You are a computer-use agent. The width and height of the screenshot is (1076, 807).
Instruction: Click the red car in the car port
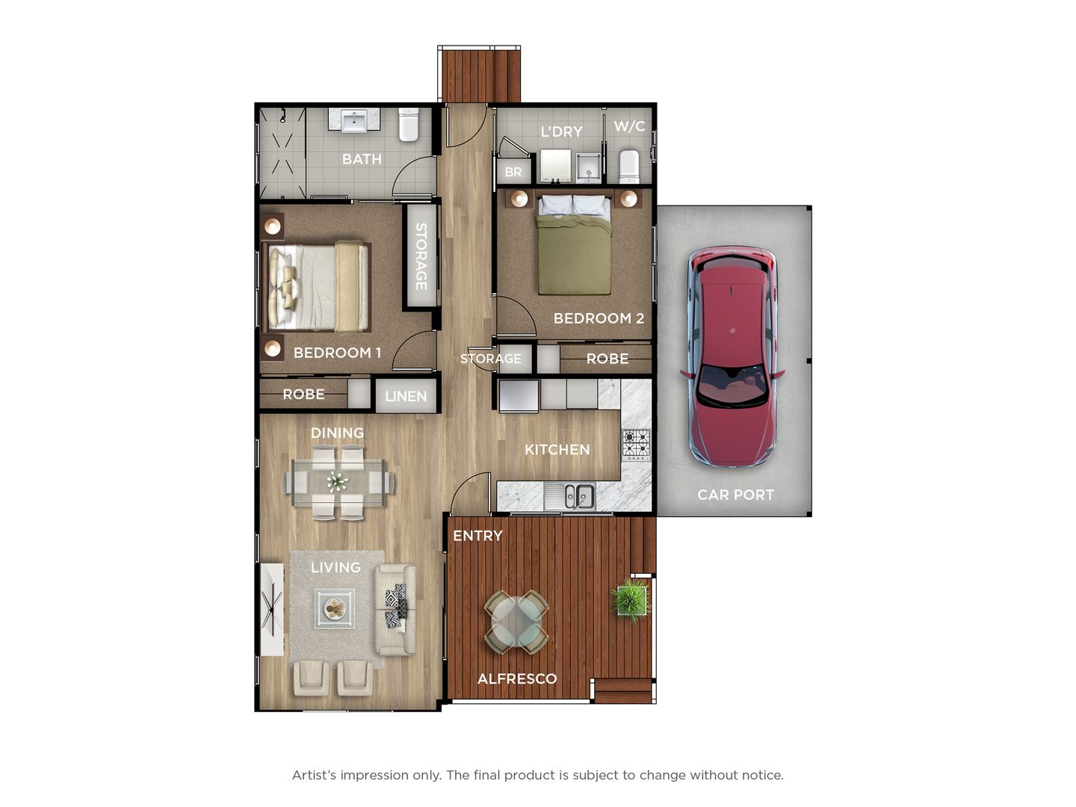(732, 356)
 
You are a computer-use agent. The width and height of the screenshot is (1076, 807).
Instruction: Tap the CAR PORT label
(735, 495)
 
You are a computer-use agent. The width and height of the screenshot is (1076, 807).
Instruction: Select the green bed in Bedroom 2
(574, 245)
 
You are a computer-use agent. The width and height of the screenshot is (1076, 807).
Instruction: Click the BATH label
(362, 159)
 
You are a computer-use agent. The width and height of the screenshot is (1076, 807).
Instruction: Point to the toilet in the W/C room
(629, 166)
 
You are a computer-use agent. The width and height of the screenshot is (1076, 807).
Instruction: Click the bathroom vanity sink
(354, 121)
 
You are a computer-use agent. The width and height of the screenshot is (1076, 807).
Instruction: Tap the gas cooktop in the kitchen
(637, 445)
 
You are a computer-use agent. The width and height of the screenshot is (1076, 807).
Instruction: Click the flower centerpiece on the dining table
(337, 482)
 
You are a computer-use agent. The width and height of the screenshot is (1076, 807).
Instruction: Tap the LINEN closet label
(406, 396)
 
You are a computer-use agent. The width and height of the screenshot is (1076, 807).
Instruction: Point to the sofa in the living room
(396, 610)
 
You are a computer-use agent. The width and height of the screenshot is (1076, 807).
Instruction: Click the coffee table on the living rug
(335, 608)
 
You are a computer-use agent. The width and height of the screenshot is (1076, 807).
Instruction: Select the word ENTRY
(477, 536)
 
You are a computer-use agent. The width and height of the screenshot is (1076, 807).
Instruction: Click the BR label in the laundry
(513, 173)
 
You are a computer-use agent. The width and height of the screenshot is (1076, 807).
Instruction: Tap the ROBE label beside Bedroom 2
(607, 359)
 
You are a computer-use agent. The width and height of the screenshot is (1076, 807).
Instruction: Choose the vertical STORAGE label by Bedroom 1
(421, 256)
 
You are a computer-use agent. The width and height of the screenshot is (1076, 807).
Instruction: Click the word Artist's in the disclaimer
(314, 775)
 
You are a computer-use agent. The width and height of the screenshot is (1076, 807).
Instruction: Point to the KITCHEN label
(557, 449)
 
